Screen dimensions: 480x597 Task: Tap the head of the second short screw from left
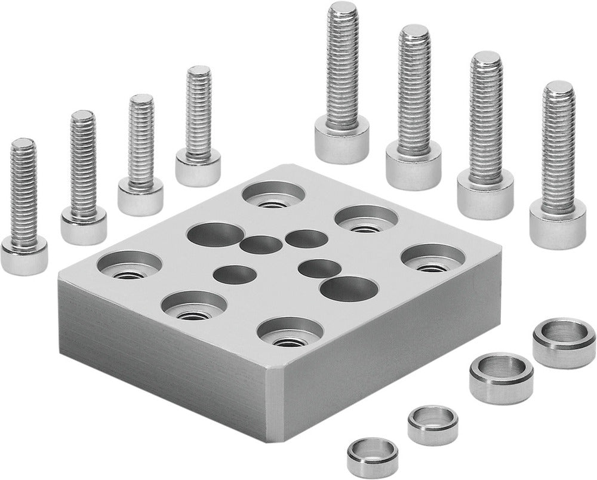(x=84, y=226)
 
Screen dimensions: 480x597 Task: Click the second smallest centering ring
(x=433, y=424)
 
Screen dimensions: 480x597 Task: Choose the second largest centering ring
(x=501, y=377)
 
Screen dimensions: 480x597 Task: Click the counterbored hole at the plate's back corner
(x=274, y=195)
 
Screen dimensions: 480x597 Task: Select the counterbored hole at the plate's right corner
(x=433, y=259)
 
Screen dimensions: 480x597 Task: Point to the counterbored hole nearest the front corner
(x=290, y=333)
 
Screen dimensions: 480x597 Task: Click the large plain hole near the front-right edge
(x=349, y=289)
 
